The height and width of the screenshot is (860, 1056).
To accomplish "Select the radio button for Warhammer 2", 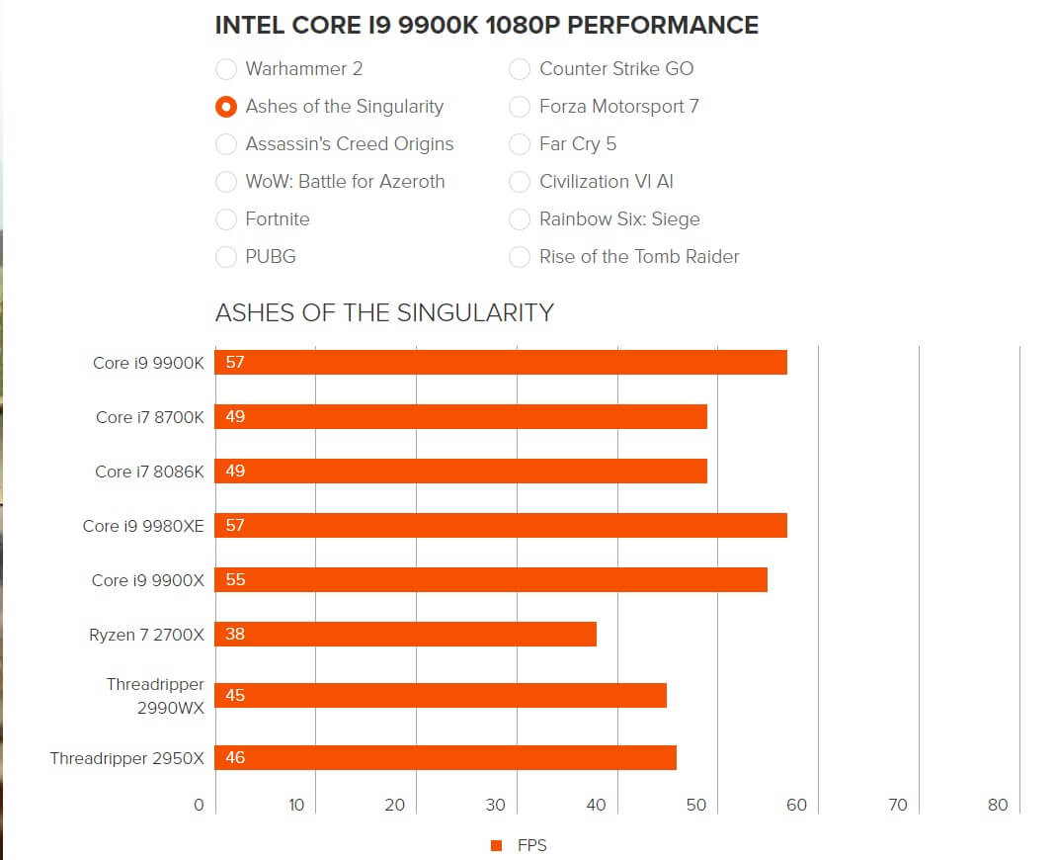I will point(226,69).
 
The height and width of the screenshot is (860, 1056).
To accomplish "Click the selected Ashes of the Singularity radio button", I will point(226,107).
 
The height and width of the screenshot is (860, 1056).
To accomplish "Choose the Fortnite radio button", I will point(226,219).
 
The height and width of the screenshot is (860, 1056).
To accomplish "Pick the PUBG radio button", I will point(226,257).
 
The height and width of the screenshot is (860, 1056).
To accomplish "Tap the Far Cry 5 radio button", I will point(520,144).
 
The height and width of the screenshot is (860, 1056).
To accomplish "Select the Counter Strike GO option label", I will point(615,69).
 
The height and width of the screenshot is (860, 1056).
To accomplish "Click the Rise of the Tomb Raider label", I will point(638,257).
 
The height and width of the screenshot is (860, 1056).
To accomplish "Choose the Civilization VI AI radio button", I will point(520,182).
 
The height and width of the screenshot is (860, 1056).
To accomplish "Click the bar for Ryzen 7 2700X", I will point(406,635).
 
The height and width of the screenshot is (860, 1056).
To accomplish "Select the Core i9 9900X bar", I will point(491,580).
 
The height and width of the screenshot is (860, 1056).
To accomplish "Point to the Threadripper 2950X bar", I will point(446,758).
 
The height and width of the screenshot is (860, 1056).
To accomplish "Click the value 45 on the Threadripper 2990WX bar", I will point(235,696).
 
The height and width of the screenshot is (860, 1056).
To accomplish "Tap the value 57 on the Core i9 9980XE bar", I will point(235,526).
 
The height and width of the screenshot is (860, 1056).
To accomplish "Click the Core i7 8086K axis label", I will point(149,472).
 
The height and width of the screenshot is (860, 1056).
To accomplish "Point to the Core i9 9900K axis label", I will point(148,363).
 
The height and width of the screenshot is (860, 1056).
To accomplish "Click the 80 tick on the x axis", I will point(998,805).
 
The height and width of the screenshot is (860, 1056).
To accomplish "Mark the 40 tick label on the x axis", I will point(596,805).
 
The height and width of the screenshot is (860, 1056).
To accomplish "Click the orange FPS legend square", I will point(497,845).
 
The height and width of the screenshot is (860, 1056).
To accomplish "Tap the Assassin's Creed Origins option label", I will point(349,144).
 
